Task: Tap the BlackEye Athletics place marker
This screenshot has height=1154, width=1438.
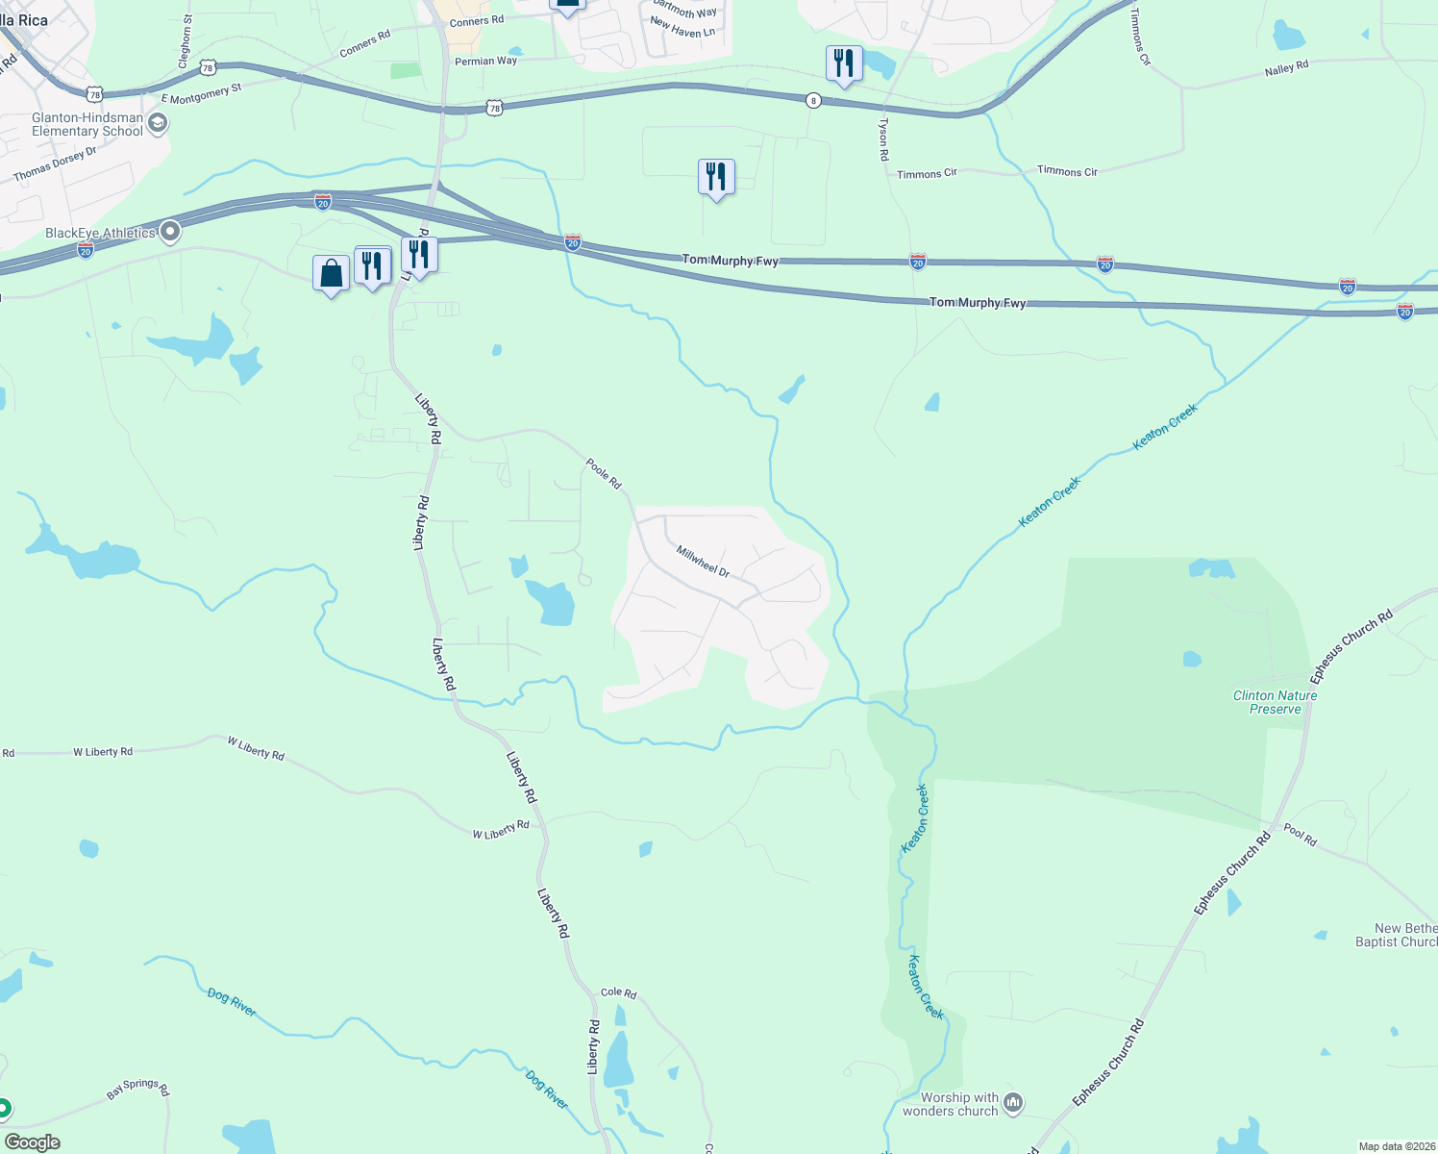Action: [170, 232]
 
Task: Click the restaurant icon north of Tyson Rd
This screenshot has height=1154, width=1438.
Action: [843, 64]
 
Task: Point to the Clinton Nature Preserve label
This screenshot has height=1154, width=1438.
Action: [1275, 702]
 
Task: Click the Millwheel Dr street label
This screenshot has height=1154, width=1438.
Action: [703, 561]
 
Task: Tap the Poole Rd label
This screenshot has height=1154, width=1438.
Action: [604, 472]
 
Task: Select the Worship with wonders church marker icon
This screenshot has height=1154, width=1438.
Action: [1013, 1102]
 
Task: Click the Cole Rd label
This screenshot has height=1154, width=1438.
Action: [618, 992]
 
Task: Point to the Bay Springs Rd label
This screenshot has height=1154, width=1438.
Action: [137, 1088]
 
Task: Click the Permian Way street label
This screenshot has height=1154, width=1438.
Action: [485, 62]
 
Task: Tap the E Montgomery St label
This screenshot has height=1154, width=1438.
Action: [201, 93]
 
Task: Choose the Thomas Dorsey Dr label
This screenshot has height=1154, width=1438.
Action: [55, 164]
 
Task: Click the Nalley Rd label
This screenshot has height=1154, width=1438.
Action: [1286, 68]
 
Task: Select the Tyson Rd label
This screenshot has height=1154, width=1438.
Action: [883, 140]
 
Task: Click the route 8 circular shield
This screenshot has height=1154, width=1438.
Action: [813, 100]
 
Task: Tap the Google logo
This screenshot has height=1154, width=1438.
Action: [33, 1142]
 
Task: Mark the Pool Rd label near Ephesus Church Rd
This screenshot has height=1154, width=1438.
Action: [1300, 834]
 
